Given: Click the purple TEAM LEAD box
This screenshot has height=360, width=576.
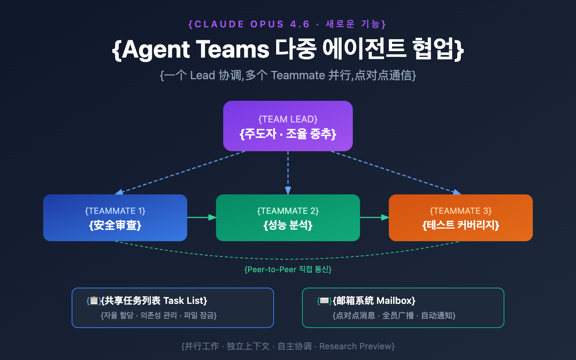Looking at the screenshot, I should click(x=288, y=126).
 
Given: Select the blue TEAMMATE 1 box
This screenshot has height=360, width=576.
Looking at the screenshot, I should click(x=115, y=218).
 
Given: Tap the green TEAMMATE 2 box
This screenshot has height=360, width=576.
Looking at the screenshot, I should click(x=288, y=218).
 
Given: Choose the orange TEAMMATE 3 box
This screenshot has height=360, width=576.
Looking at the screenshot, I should click(x=461, y=218).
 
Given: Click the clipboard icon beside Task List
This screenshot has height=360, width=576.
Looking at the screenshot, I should click(x=94, y=301).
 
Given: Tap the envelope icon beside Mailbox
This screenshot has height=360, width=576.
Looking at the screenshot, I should click(x=324, y=301).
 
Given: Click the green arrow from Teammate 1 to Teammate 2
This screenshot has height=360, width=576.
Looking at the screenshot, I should click(x=202, y=217).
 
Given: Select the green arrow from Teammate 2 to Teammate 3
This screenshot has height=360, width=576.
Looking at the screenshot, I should click(x=374, y=217).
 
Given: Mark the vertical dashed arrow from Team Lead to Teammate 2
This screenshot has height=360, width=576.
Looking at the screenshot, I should click(x=288, y=173).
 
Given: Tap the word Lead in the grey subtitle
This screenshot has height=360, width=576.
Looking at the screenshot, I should click(x=202, y=75).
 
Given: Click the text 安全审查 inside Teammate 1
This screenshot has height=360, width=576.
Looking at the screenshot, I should click(x=115, y=225).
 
